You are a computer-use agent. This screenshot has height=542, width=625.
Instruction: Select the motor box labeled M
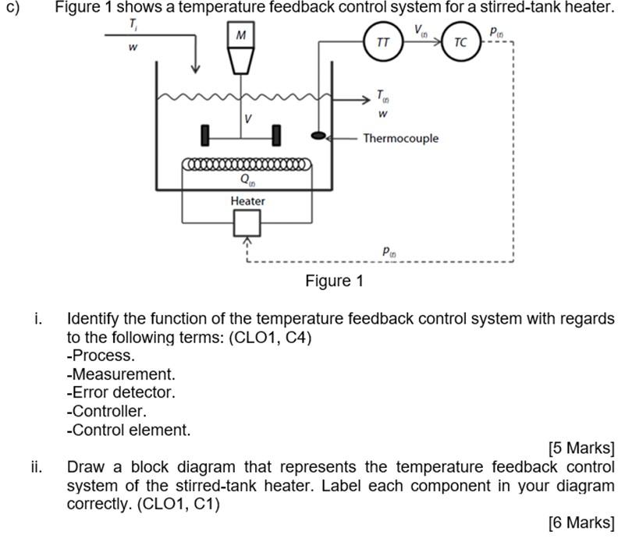click(241, 34)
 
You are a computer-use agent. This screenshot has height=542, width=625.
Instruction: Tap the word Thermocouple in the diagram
click(400, 138)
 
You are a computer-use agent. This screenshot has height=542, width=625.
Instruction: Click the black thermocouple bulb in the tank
click(318, 136)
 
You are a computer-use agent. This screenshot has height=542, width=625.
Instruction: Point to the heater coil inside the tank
click(247, 164)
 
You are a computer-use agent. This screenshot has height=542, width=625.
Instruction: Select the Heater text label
click(247, 201)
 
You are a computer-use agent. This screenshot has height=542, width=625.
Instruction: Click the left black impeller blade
click(205, 136)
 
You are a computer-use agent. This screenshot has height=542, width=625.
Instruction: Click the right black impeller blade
click(276, 136)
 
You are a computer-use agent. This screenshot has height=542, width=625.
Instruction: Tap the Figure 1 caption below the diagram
click(335, 281)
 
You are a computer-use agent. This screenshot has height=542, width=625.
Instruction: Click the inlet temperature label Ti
click(133, 25)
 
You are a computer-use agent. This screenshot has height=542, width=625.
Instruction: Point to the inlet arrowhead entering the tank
click(195, 69)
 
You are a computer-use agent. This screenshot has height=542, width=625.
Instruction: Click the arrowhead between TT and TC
click(437, 41)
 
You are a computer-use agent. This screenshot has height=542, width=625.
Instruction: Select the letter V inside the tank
click(248, 119)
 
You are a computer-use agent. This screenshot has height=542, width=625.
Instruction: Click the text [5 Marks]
click(581, 448)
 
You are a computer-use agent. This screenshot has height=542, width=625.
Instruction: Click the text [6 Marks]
click(581, 523)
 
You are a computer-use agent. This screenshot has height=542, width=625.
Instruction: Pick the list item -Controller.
click(107, 411)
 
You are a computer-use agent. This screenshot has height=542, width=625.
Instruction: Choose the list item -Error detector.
click(121, 392)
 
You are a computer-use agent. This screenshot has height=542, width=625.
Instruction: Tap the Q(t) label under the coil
click(247, 179)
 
